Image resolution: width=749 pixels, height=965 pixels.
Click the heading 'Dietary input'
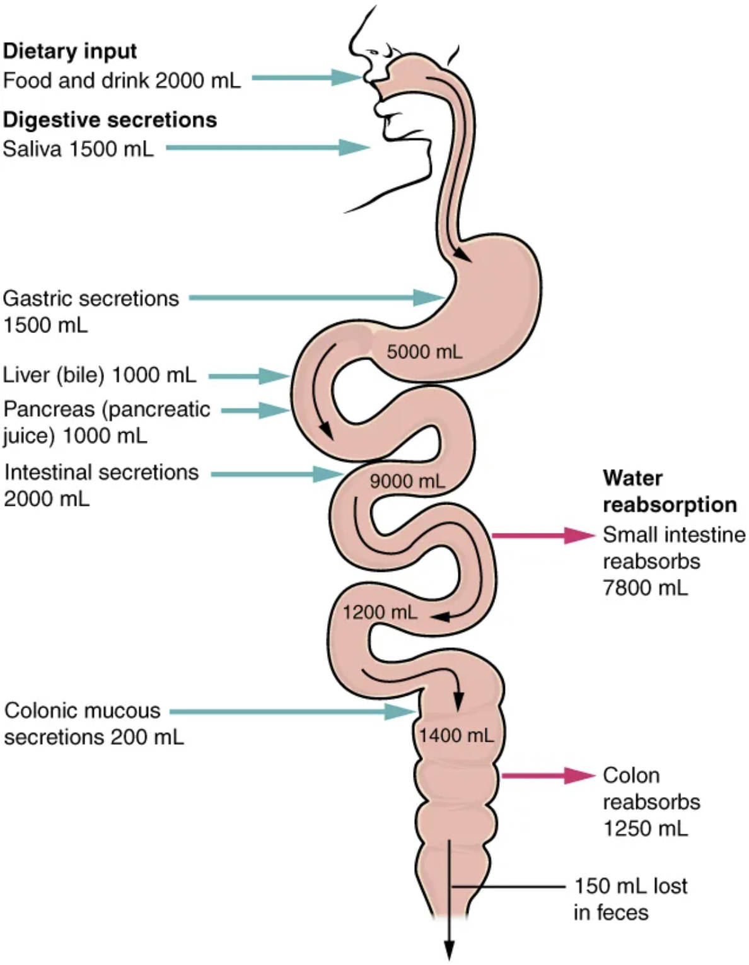click(x=70, y=51)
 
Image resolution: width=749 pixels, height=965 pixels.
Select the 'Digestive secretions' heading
click(x=110, y=120)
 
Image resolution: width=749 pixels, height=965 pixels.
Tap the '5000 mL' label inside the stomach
click(x=424, y=351)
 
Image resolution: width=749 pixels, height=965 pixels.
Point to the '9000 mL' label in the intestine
click(x=407, y=481)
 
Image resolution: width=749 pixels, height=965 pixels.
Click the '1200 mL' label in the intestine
click(x=380, y=611)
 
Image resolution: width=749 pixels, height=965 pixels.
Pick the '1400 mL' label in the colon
click(x=456, y=734)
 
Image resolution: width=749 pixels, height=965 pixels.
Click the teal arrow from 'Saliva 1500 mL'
click(x=267, y=148)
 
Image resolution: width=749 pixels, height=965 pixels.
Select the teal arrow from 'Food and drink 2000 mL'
click(x=307, y=78)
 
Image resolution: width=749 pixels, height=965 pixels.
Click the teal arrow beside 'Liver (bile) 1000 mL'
click(x=248, y=376)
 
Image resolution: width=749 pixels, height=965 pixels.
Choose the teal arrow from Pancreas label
click(x=255, y=410)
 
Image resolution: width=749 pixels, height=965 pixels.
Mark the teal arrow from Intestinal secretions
click(x=276, y=474)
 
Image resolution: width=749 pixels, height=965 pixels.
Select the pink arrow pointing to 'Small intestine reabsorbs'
click(x=543, y=535)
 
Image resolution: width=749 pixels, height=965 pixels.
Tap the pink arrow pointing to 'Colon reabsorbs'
click(x=548, y=775)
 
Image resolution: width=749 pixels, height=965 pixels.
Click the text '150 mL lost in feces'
click(x=629, y=899)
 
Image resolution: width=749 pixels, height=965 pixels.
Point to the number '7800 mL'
click(x=645, y=588)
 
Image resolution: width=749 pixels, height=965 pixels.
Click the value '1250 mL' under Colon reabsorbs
click(x=645, y=828)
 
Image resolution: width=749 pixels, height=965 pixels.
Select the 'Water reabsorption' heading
click(x=669, y=491)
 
